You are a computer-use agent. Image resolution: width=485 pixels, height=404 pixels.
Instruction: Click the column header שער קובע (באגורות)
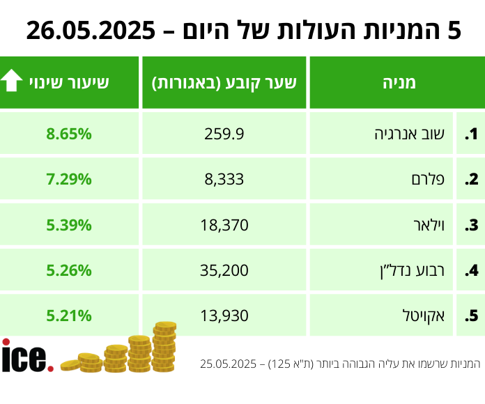pyautogui.click(x=224, y=83)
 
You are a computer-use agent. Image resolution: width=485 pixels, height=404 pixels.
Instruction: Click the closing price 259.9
pyautogui.click(x=224, y=134)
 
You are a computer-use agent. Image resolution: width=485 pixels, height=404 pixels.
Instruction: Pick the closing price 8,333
pyautogui.click(x=224, y=179)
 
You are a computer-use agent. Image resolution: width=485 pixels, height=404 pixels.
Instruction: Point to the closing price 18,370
pyautogui.click(x=224, y=224)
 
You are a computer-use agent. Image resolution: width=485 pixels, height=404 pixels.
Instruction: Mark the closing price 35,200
pyautogui.click(x=224, y=270)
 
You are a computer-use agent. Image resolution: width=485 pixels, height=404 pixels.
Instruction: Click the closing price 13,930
pyautogui.click(x=224, y=315)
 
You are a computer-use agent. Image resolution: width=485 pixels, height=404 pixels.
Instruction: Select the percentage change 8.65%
pyautogui.click(x=69, y=134)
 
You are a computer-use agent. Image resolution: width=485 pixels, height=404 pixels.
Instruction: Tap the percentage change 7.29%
pyautogui.click(x=69, y=179)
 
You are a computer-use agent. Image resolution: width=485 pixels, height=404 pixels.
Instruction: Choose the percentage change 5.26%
pyautogui.click(x=69, y=270)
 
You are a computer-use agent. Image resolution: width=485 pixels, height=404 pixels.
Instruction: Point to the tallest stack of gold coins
pyautogui.click(x=164, y=345)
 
